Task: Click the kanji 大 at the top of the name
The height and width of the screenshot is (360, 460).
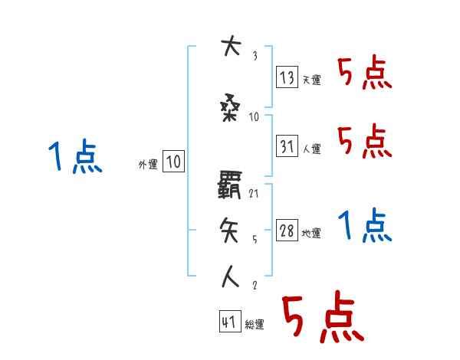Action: click(x=229, y=48)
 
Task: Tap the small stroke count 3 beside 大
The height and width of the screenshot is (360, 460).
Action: click(x=254, y=55)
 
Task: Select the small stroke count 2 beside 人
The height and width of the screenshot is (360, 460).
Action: click(x=254, y=286)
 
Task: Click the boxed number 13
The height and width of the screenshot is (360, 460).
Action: click(x=286, y=77)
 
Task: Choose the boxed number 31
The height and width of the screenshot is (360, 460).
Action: click(x=286, y=146)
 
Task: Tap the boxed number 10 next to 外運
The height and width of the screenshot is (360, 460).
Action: click(x=173, y=162)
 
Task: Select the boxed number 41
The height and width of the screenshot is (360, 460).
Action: click(x=229, y=322)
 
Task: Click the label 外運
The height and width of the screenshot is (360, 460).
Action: click(x=147, y=164)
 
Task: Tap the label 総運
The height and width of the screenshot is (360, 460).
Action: click(x=255, y=325)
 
